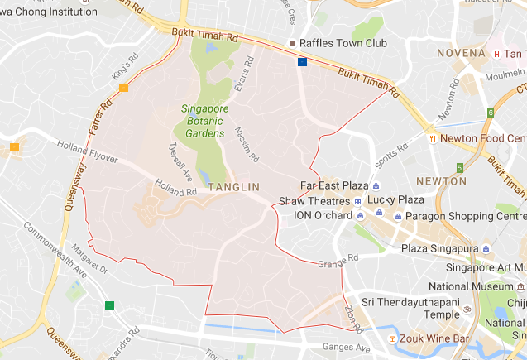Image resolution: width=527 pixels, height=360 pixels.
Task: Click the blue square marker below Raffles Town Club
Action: pyautogui.click(x=303, y=62)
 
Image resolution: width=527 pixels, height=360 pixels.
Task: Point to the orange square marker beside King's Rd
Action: pyautogui.click(x=123, y=88)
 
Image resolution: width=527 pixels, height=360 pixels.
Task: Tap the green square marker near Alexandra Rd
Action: pyautogui.click(x=110, y=305)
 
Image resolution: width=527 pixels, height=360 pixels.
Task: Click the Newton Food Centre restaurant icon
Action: pyautogui.click(x=431, y=139)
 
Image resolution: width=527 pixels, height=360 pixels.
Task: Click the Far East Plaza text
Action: pyautogui.click(x=334, y=185)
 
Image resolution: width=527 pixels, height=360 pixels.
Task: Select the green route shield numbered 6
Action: pyautogui.click(x=491, y=112)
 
